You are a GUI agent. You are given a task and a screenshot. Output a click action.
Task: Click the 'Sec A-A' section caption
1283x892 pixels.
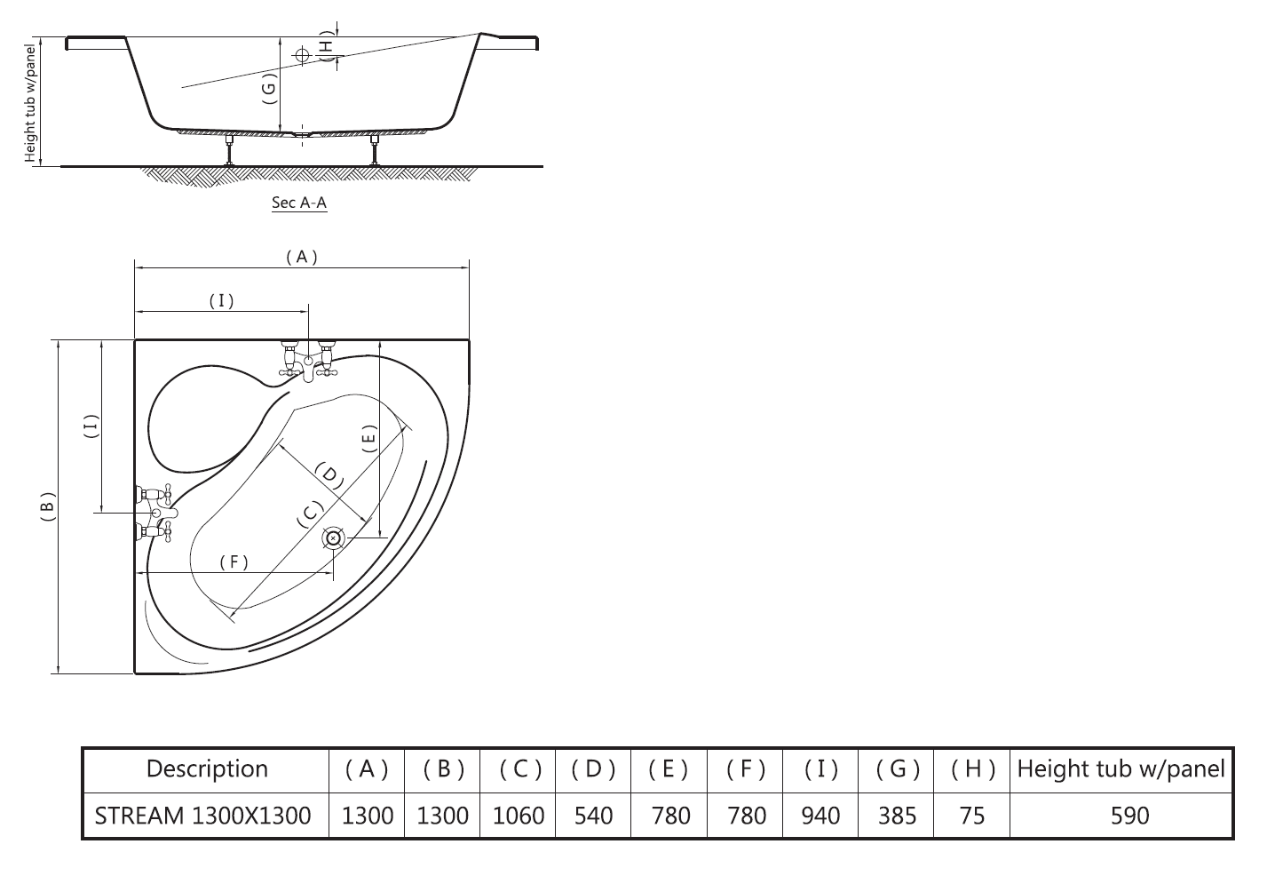click(x=299, y=203)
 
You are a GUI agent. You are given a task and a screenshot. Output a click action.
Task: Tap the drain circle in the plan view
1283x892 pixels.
click(x=333, y=538)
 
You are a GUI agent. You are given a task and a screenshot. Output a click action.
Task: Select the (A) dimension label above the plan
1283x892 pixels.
click(x=302, y=257)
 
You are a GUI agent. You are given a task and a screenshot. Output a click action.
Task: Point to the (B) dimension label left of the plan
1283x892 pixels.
click(x=48, y=506)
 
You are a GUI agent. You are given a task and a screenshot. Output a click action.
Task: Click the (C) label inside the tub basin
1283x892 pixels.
click(x=310, y=514)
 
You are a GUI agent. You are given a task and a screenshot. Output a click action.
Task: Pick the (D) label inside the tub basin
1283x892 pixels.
click(x=329, y=475)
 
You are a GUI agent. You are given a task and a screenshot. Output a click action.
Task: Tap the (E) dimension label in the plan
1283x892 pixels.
click(x=370, y=439)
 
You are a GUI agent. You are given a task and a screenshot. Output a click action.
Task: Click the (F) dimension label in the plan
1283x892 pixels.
click(x=234, y=562)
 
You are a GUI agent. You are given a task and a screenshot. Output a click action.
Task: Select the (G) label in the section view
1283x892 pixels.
click(x=269, y=88)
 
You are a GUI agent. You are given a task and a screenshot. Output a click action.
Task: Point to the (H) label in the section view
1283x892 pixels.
click(x=327, y=45)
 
